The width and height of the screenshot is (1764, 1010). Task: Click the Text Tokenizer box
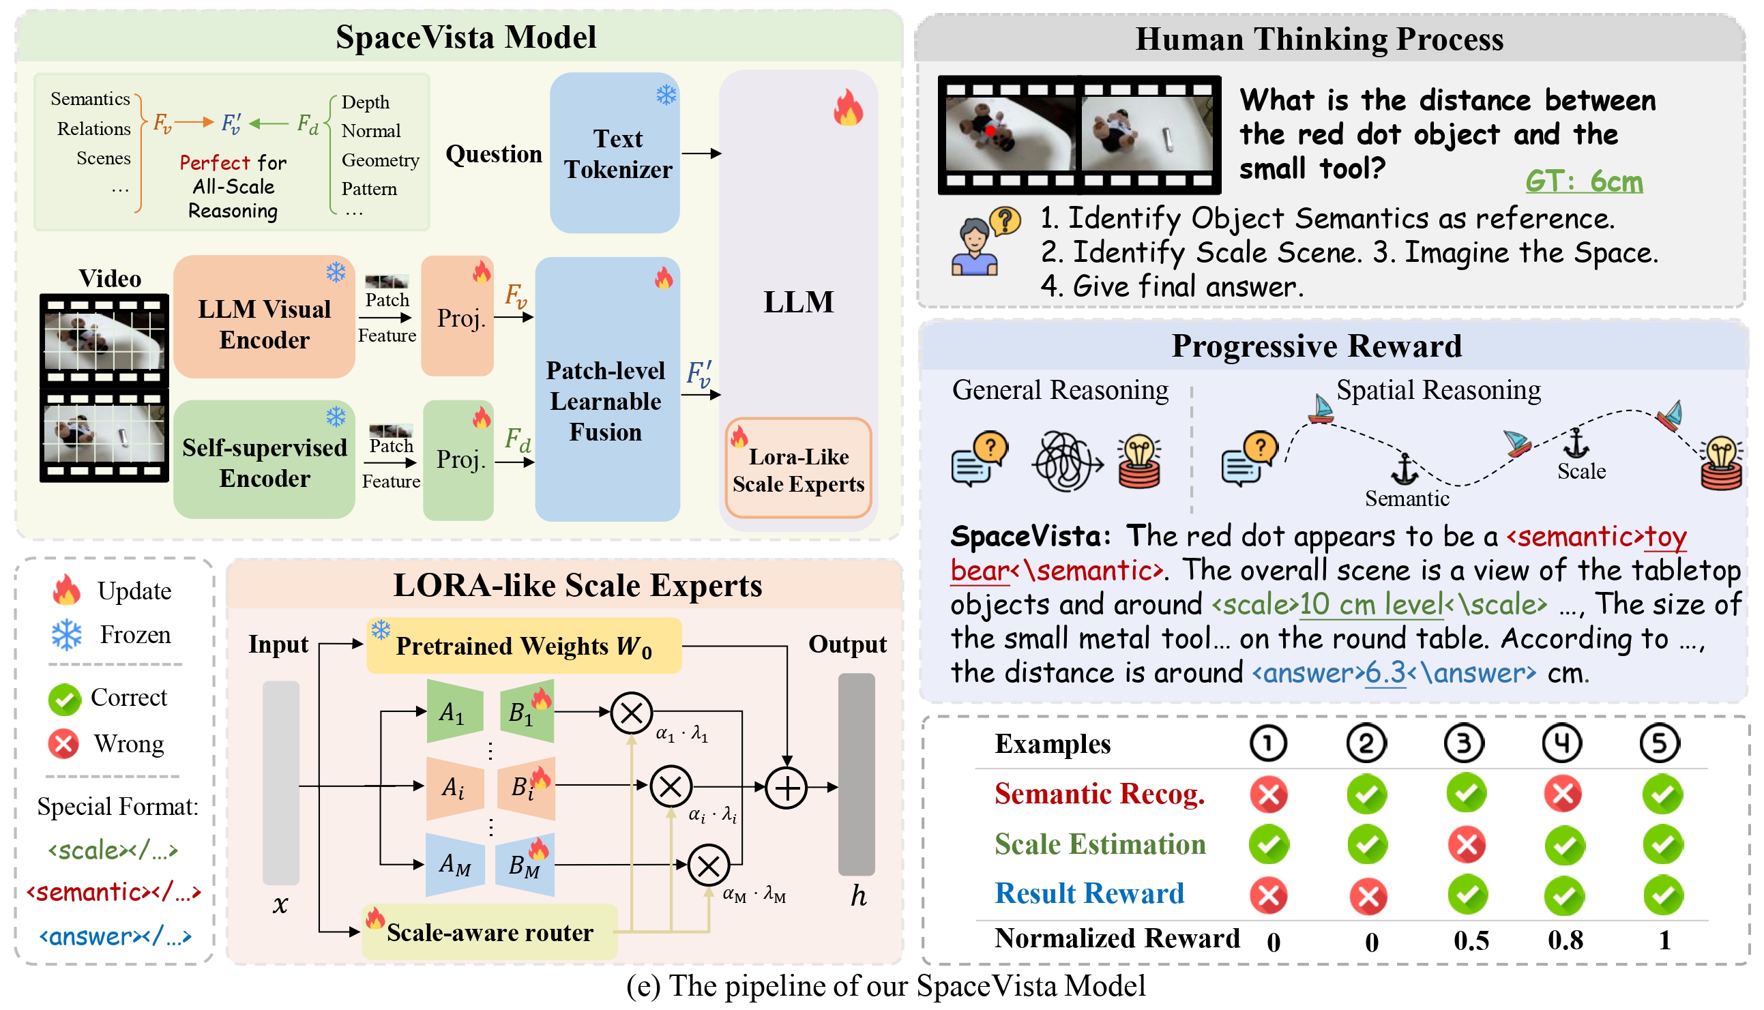(x=615, y=153)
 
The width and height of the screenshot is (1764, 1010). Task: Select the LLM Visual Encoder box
(x=263, y=318)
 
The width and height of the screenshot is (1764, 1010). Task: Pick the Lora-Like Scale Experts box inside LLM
(x=797, y=469)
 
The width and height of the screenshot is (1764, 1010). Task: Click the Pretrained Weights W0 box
(x=524, y=646)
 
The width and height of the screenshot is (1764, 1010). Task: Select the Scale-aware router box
(x=490, y=932)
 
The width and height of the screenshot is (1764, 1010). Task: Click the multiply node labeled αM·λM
(x=708, y=865)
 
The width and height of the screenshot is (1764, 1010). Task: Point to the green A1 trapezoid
(x=454, y=712)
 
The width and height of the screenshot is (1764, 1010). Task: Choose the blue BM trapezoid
(x=525, y=864)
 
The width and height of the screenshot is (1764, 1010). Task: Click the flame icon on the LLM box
(x=848, y=108)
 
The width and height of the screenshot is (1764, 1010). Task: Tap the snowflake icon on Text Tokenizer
(x=666, y=95)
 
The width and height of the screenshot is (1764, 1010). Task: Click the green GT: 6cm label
(x=1584, y=181)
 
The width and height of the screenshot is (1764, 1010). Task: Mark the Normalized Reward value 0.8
(x=1565, y=940)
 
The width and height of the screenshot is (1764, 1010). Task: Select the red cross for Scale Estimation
(x=1467, y=845)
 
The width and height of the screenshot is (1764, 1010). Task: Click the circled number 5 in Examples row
(x=1659, y=743)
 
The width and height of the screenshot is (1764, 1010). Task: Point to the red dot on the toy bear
(x=990, y=130)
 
